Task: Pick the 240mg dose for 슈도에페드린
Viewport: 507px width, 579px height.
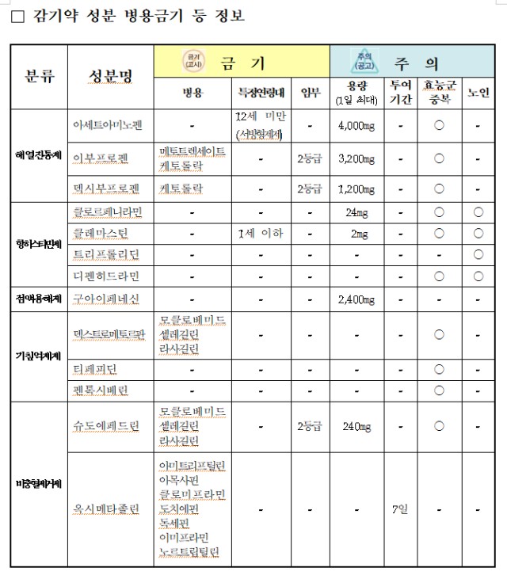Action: click(356, 426)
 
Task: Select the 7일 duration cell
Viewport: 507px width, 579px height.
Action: click(400, 509)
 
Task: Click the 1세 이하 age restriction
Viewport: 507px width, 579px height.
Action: click(260, 234)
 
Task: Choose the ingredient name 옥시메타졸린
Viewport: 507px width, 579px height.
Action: click(107, 509)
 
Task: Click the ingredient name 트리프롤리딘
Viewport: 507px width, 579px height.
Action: click(106, 255)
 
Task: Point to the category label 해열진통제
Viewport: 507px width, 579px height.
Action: click(37, 154)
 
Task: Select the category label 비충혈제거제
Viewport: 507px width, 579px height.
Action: click(38, 483)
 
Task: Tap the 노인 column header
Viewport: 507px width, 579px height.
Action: click(478, 92)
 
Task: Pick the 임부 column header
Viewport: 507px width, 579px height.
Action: click(311, 92)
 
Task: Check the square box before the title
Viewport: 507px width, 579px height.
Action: click(19, 17)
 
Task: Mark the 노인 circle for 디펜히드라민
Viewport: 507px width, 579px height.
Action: click(478, 276)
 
